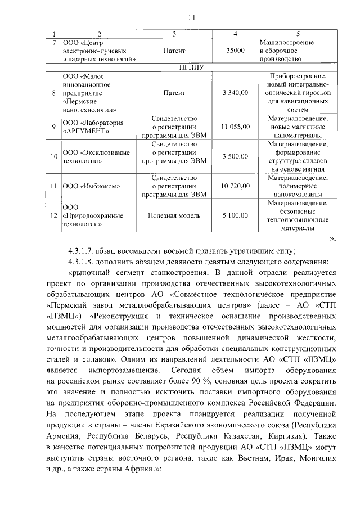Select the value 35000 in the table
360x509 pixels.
235,51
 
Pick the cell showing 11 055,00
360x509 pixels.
235,127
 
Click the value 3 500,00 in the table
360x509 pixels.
235,156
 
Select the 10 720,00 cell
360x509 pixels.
235,185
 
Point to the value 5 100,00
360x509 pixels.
235,215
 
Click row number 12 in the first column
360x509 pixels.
53,215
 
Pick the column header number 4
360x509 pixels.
235,34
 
